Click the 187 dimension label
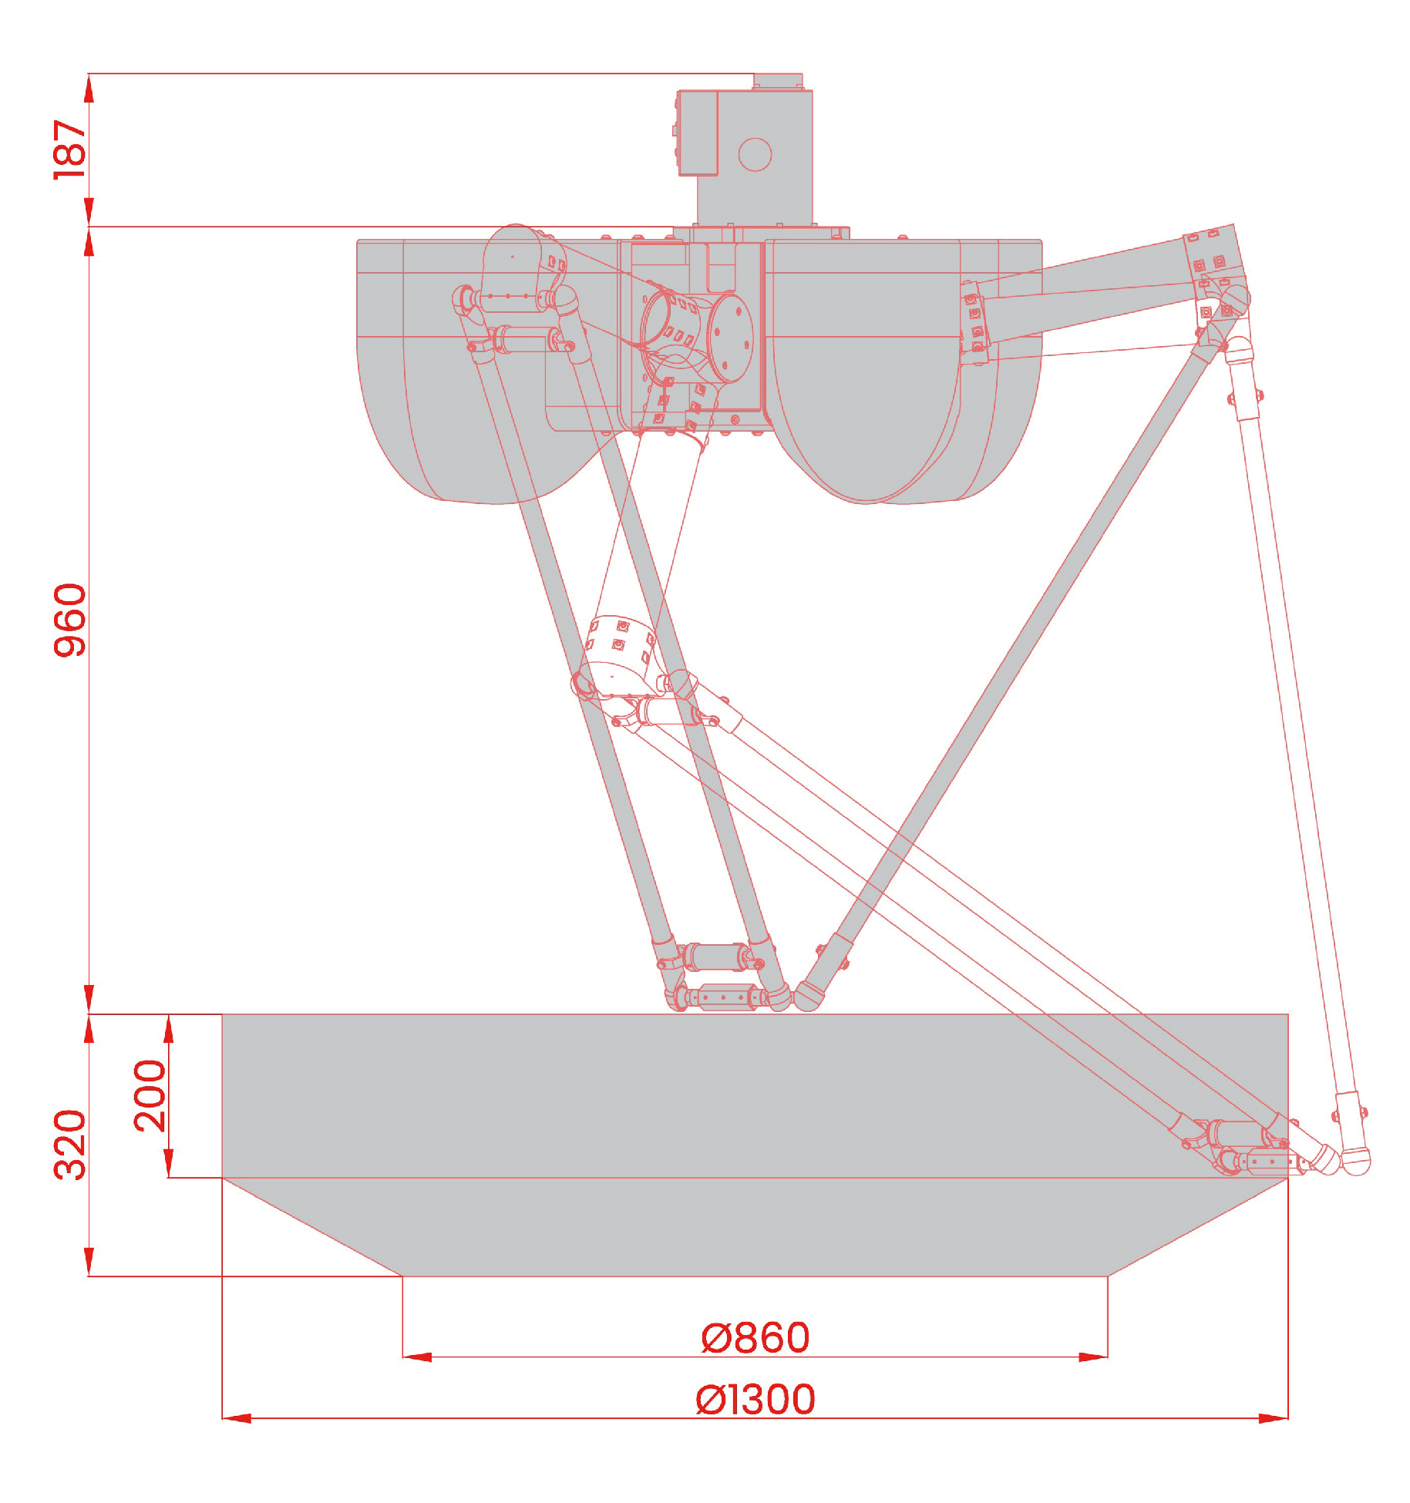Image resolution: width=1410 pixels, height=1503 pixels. (69, 150)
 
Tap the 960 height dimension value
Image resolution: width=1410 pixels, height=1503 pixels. (69, 620)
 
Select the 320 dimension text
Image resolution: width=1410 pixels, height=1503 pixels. (69, 1145)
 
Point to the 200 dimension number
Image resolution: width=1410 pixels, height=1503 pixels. (150, 1095)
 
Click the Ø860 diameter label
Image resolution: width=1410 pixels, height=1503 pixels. (755, 1338)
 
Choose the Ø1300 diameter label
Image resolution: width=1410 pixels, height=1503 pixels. (755, 1400)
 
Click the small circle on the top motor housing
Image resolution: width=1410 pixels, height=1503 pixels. (755, 154)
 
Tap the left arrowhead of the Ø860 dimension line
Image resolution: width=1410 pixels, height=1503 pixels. (417, 1357)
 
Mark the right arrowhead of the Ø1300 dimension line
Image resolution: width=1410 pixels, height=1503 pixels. (1274, 1418)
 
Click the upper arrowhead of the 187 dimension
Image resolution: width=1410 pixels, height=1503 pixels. (89, 88)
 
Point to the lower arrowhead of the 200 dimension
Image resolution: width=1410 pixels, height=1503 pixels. (169, 1163)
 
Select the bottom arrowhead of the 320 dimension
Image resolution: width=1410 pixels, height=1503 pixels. (89, 1262)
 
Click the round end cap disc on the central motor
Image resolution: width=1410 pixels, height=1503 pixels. (730, 338)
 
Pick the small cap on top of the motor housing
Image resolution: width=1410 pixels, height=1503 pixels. (778, 81)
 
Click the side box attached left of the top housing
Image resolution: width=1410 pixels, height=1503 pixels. (697, 133)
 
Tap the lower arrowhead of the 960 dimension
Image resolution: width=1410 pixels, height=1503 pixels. (89, 999)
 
